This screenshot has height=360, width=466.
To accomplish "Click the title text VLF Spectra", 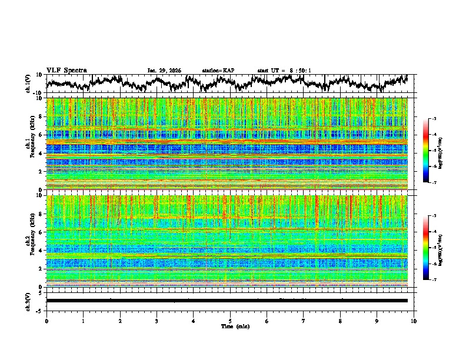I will pos(66,70).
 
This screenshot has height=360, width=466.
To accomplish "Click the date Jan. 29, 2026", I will pos(164,71).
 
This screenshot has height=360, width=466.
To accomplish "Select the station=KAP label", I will pos(218,71).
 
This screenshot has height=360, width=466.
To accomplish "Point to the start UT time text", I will pos(284,71).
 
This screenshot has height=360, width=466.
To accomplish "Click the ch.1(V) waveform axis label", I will pos(28,83).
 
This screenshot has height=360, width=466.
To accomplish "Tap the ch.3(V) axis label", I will pos(28,300).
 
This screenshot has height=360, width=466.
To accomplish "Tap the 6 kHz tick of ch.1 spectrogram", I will pos(42,135).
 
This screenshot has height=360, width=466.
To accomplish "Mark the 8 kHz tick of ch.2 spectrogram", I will pos(42,214).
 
